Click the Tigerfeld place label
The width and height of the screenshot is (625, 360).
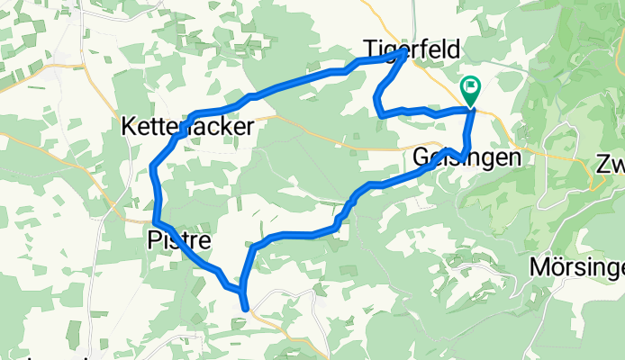click(411, 47)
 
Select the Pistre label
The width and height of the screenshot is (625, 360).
click(179, 240)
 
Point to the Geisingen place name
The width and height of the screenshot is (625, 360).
click(466, 157)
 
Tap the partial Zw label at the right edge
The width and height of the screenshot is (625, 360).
click(610, 166)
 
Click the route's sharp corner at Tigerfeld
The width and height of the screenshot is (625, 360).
click(402, 53)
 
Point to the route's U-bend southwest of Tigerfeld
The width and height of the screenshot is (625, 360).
click(377, 111)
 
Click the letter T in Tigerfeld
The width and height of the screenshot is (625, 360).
click(368, 47)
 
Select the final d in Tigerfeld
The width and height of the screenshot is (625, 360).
click(453, 47)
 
